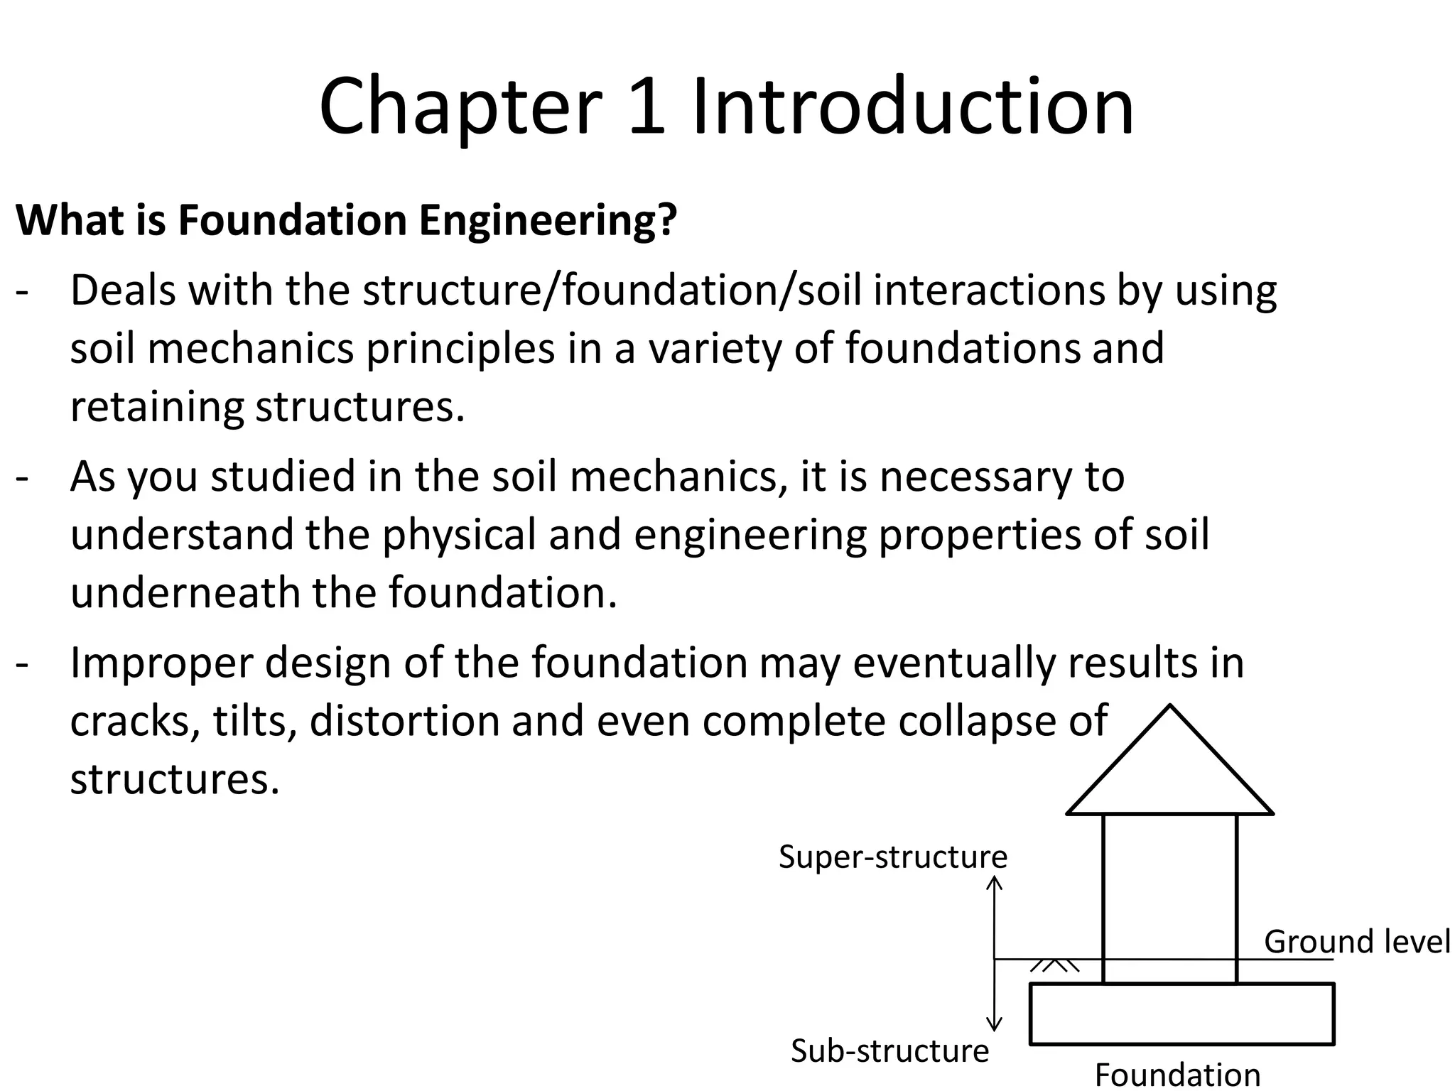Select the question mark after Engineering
666,220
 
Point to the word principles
460,349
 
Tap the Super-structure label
892,857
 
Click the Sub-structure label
889,1051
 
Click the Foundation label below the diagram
1177,1075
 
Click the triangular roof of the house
1169,774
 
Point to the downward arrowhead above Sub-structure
995,1024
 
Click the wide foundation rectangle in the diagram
1181,1014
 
